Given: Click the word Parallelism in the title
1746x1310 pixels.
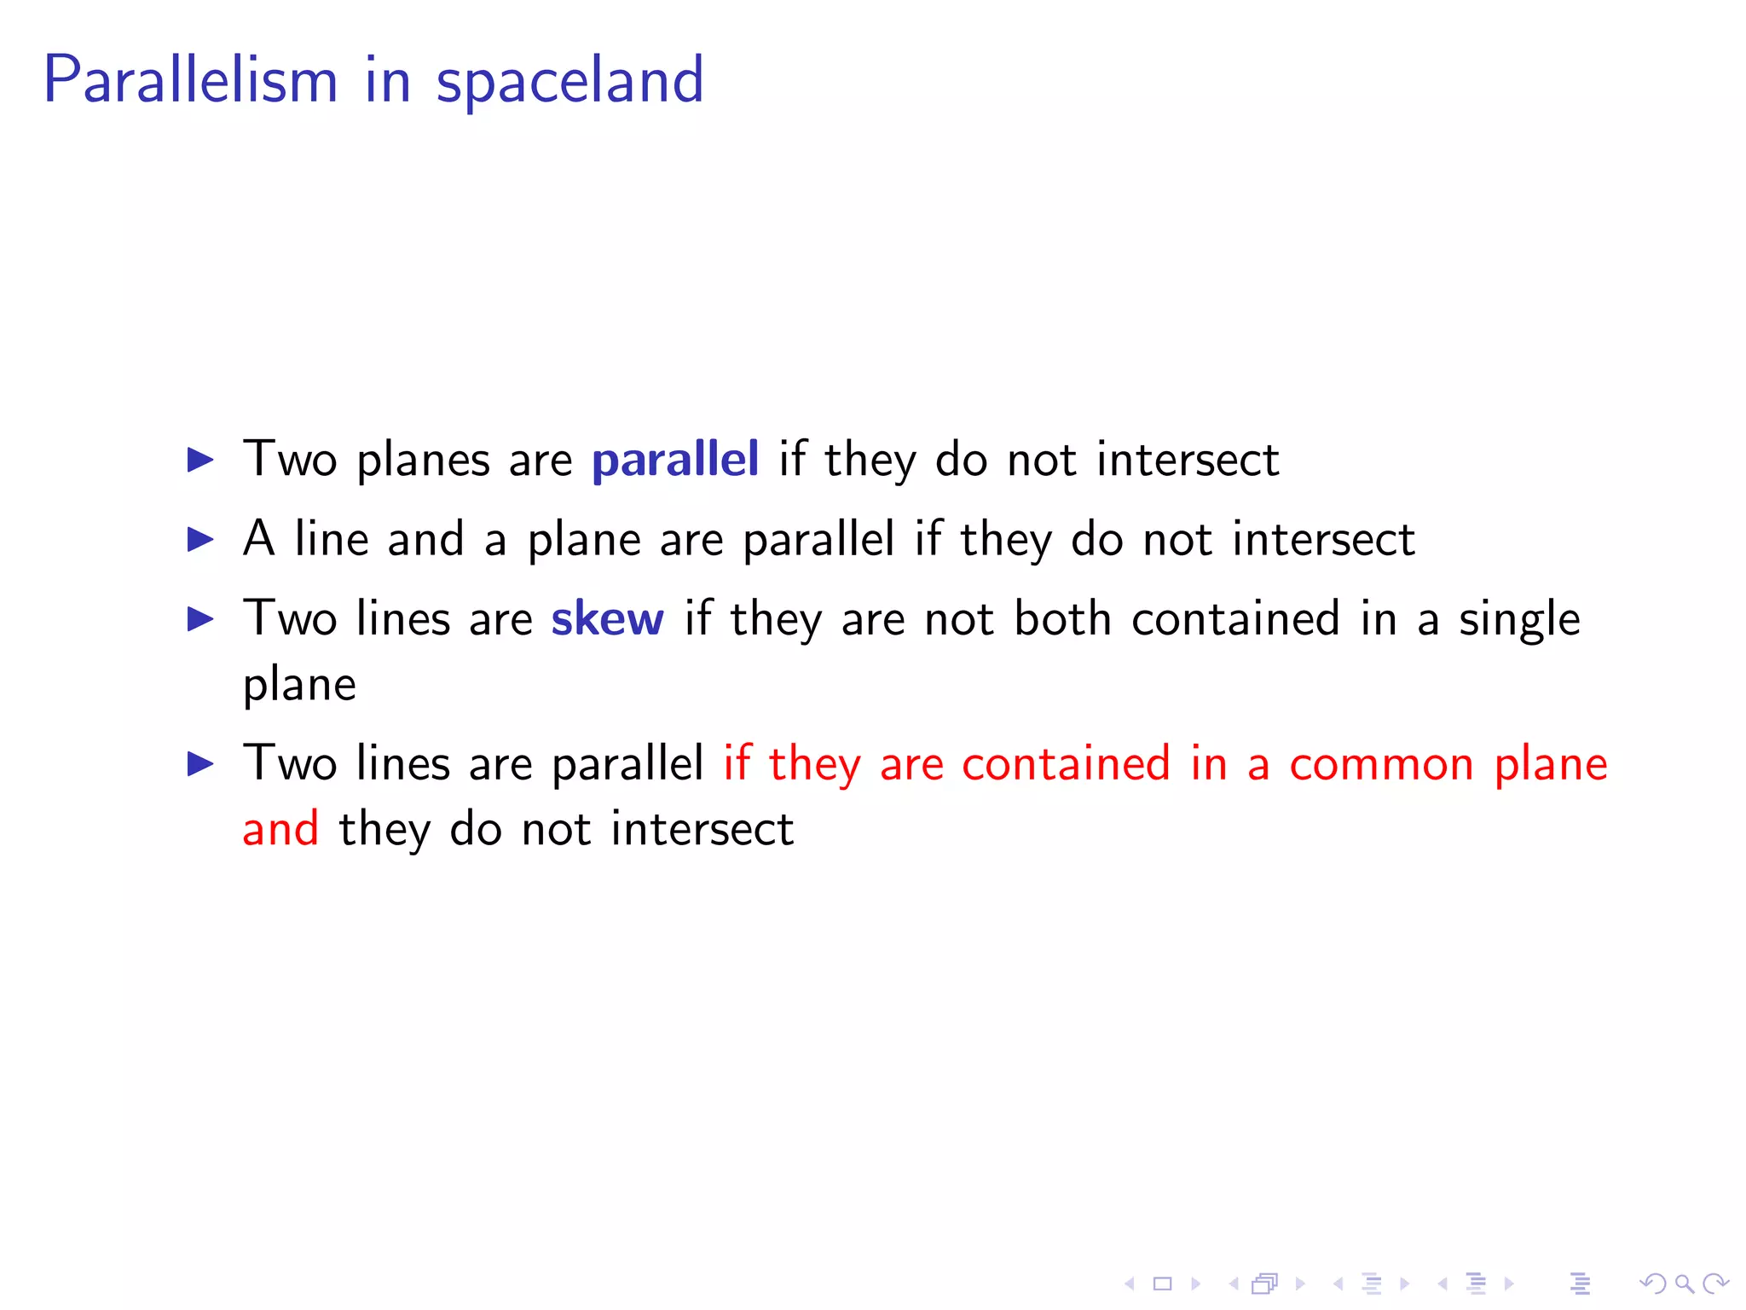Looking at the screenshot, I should tap(191, 80).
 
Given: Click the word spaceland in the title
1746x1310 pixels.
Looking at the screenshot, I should tap(569, 82).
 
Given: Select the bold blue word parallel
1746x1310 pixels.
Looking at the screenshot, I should tap(674, 461).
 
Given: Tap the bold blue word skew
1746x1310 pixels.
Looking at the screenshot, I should tap(607, 619).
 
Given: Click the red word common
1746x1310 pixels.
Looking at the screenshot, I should tap(1381, 764).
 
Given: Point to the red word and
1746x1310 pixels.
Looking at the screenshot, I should tap(280, 829).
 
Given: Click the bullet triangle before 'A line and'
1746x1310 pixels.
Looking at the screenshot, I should tap(200, 540).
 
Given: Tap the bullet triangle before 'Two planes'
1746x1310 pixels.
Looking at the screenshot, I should tap(200, 461).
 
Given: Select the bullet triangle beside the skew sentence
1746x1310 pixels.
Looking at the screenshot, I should tap(200, 619).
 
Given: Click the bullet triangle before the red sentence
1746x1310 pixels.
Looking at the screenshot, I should tap(200, 764).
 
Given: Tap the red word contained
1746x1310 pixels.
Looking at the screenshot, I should tap(1066, 764).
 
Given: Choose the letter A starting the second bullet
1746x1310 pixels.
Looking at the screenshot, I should tap(259, 539).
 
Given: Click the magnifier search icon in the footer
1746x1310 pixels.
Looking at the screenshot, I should tap(1684, 1284).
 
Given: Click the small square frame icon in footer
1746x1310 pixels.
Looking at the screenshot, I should tap(1163, 1284).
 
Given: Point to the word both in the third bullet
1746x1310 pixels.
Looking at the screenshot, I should tap(1062, 619).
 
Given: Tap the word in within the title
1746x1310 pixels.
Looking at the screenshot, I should tap(388, 80).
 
